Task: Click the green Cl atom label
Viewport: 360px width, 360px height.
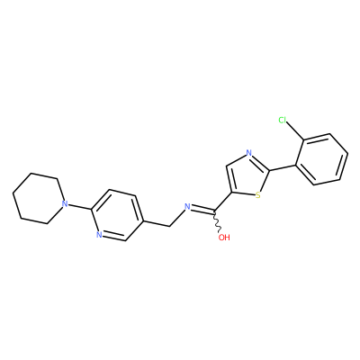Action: [x=283, y=121]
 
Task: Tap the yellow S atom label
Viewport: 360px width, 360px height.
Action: [x=257, y=196]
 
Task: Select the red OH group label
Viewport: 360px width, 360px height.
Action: [x=224, y=238]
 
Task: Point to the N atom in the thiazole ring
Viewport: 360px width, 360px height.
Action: [x=248, y=153]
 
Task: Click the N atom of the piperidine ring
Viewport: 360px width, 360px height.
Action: [x=64, y=204]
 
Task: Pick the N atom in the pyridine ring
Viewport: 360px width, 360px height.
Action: [x=99, y=235]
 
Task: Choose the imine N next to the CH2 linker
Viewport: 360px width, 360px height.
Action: [x=187, y=206]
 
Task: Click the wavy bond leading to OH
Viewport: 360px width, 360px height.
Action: [x=218, y=222]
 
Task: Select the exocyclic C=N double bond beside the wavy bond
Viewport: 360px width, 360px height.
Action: [x=202, y=210]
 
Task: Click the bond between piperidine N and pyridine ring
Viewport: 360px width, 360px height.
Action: [x=78, y=202]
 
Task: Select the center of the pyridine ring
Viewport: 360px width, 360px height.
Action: [x=117, y=215]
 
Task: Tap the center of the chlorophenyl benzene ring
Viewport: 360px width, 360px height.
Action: [x=321, y=159]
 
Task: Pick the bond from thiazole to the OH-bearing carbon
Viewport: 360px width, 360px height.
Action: [x=222, y=203]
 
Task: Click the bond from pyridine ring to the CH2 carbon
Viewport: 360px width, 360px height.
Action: [x=157, y=224]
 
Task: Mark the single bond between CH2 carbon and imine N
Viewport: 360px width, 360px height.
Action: [x=176, y=218]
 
